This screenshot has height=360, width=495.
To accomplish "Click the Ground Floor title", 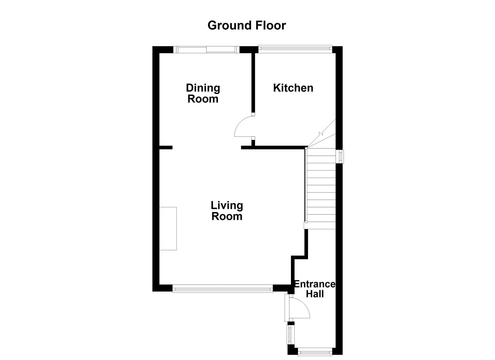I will click(x=247, y=25).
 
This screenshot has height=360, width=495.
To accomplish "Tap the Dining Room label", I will click(x=203, y=93).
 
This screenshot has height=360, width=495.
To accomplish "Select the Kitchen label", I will click(x=293, y=88).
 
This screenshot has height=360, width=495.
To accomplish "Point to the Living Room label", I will click(x=227, y=211).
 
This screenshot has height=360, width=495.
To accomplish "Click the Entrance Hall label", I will click(x=314, y=289).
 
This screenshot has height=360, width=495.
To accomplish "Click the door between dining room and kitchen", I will click(x=244, y=127).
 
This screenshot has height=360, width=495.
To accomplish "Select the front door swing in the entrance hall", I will click(x=299, y=308).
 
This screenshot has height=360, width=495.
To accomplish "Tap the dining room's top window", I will click(x=207, y=50).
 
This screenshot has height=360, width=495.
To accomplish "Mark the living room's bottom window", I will click(x=223, y=289).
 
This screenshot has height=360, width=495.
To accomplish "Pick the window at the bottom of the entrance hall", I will click(x=315, y=351).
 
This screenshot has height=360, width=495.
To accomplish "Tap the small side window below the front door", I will click(x=290, y=334).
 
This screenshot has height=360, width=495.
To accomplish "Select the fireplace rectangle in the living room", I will click(x=168, y=228).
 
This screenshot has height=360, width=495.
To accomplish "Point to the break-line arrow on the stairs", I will click(x=321, y=134).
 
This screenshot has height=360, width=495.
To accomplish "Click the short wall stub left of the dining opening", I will click(x=166, y=147).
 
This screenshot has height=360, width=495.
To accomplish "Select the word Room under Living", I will click(x=227, y=216).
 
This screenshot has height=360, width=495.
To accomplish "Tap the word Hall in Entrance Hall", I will click(x=315, y=294).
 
